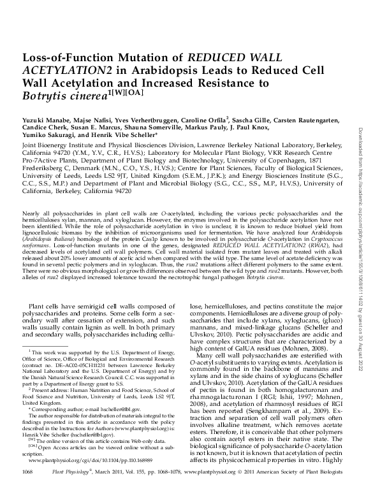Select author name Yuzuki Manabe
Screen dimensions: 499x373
tap(40, 119)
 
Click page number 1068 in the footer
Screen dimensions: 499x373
tap(27, 488)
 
